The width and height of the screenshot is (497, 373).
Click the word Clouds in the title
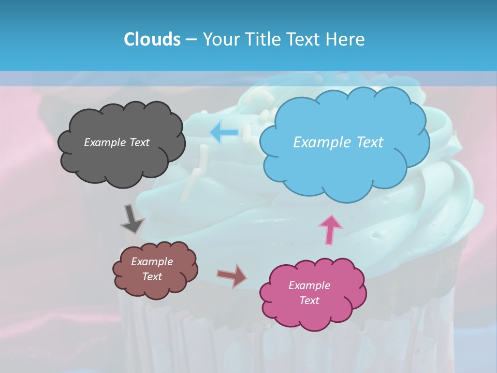tap(152, 39)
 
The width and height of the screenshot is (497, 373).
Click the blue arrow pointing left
tap(224, 132)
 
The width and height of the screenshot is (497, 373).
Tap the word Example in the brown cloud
tap(152, 262)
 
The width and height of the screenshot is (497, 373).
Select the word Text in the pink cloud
tap(309, 300)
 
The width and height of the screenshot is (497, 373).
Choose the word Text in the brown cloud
tap(152, 277)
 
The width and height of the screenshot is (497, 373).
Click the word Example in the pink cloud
tap(309, 285)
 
